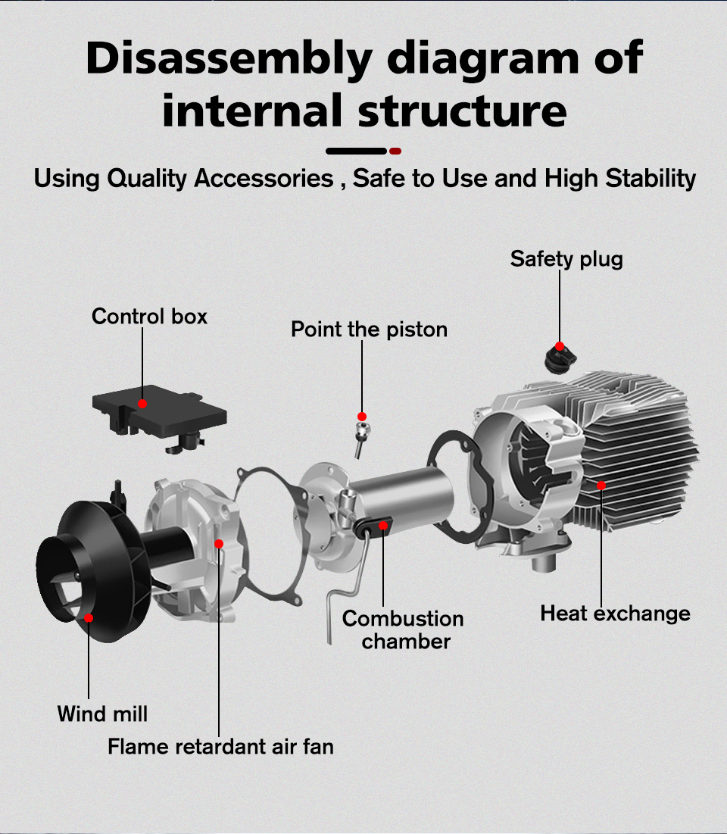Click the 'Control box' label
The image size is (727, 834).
[x=149, y=316]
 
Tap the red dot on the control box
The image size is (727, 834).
[x=142, y=404]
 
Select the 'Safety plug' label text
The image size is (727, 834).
[x=566, y=259]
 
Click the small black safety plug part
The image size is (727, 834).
[x=558, y=356]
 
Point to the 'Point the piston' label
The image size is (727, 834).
[x=369, y=330]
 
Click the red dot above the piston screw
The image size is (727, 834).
[x=362, y=417]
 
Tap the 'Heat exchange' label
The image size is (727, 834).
[x=615, y=613]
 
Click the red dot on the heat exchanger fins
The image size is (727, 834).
[x=601, y=485]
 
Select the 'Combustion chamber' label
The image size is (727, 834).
[x=403, y=629]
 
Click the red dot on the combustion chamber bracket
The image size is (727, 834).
[x=383, y=525]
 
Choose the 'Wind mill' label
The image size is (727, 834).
[x=102, y=714]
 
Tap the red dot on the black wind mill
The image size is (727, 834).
[x=89, y=618]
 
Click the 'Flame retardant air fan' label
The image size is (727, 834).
[x=220, y=747]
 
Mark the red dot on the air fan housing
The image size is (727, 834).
[x=219, y=543]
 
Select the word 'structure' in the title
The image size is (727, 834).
[x=462, y=110]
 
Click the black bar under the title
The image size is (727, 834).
[x=356, y=151]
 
